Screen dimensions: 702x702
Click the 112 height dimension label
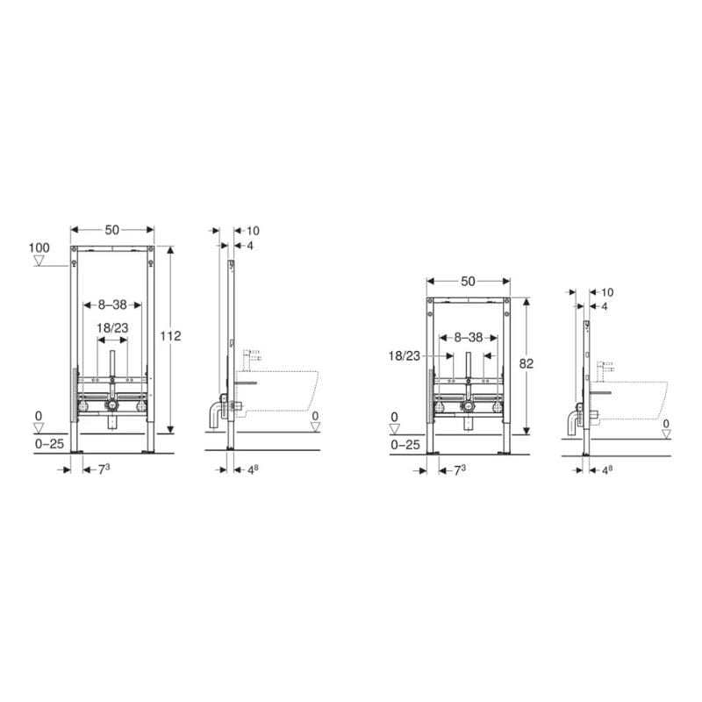click(170, 336)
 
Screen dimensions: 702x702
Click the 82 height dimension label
click(526, 363)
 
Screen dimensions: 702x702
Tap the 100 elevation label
click(39, 247)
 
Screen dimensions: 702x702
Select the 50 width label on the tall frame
click(112, 230)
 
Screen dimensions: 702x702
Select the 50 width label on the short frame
click(468, 281)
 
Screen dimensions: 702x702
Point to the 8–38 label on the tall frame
click(112, 304)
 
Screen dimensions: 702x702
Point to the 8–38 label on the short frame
click(469, 337)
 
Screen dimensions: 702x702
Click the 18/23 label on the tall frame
click(112, 328)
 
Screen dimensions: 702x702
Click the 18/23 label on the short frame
click(405, 356)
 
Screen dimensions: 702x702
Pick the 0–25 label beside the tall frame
click(49, 444)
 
